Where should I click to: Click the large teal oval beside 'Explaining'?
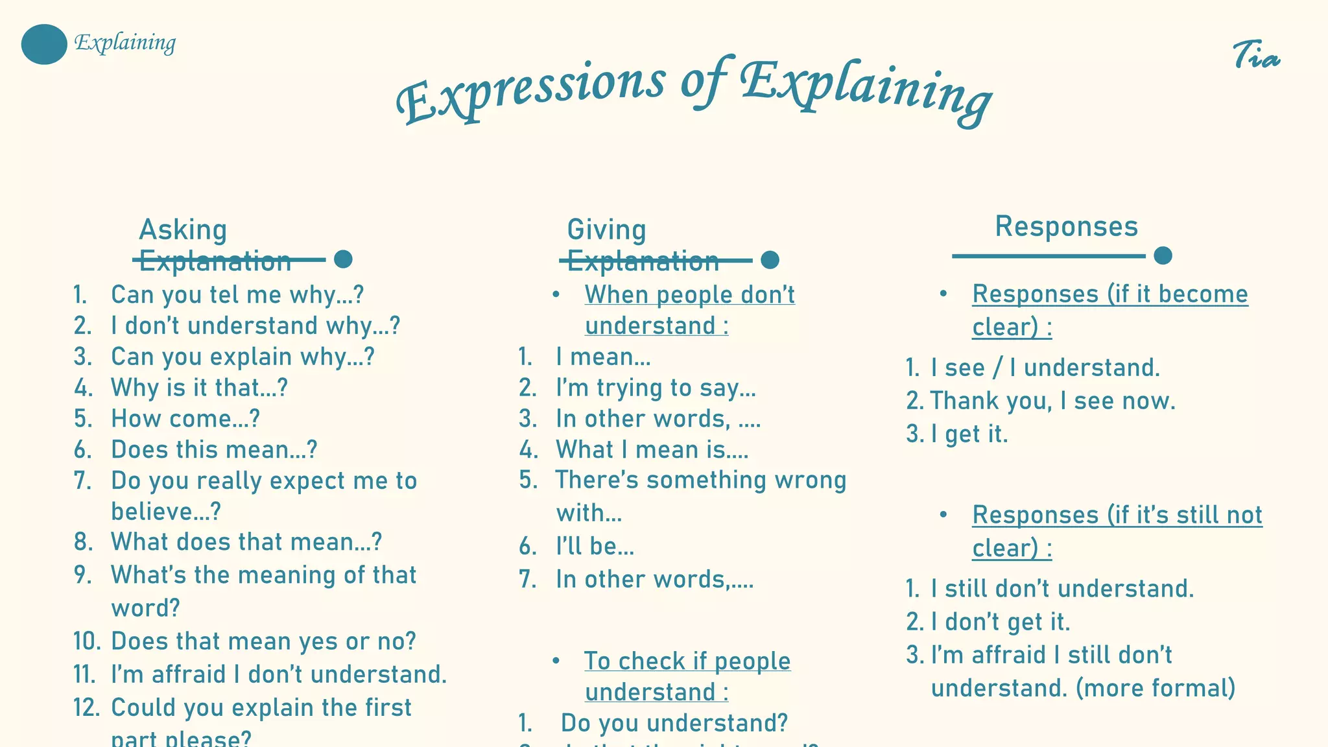coord(44,44)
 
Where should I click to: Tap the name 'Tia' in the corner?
coord(1255,56)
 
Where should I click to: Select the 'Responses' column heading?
coord(1066,226)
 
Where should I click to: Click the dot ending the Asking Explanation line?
coord(343,259)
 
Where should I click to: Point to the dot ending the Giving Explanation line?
coord(770,260)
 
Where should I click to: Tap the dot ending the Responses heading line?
coord(1163,255)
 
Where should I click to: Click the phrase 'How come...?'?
coord(185,418)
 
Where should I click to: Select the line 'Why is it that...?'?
coord(199,388)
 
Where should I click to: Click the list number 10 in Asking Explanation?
coord(86,641)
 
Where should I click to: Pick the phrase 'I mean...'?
coord(603,357)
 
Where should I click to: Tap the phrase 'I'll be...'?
coord(595,546)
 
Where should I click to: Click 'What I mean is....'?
coord(652,449)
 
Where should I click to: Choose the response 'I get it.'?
coord(969,434)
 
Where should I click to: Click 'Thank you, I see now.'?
coord(1052,401)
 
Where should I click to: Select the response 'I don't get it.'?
coord(1001,622)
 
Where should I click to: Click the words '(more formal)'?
coord(1156,688)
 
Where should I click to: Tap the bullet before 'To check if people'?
coord(556,661)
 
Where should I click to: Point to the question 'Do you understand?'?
coord(674,722)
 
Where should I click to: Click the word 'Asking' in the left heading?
coord(183,230)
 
